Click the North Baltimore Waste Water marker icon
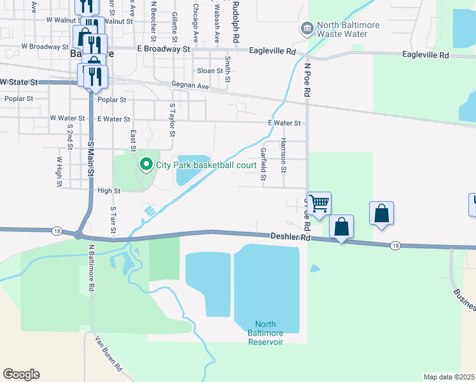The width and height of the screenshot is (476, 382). (307, 29)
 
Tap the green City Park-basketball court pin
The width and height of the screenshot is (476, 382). (146, 165)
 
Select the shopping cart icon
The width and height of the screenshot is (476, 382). (319, 203)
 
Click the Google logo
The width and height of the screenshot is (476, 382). (21, 374)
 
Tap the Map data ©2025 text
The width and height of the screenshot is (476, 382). (449, 377)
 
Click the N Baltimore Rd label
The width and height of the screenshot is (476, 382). (92, 267)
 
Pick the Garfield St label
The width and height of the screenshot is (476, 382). (263, 164)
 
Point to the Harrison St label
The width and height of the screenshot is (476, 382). (284, 155)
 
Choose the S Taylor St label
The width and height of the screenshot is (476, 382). (171, 120)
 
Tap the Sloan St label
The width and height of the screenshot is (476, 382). (210, 71)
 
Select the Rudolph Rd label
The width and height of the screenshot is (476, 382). (236, 22)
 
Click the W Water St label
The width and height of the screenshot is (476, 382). (67, 118)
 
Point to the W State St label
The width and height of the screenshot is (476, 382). (18, 82)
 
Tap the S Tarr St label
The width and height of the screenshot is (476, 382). (113, 217)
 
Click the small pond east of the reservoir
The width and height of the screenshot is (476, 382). (315, 268)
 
